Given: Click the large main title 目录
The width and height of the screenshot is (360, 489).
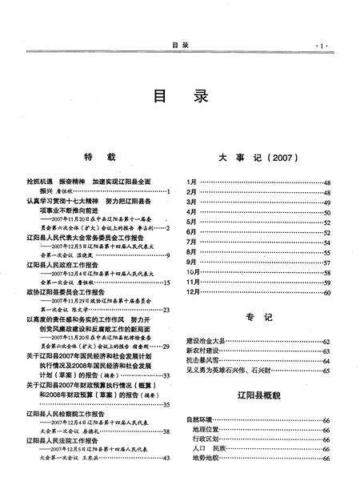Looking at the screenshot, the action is pyautogui.click(x=180, y=97).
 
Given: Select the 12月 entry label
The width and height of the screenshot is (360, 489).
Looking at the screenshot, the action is pyautogui.click(x=194, y=293).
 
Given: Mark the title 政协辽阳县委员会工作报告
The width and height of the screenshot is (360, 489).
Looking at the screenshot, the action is pyautogui.click(x=65, y=293).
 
